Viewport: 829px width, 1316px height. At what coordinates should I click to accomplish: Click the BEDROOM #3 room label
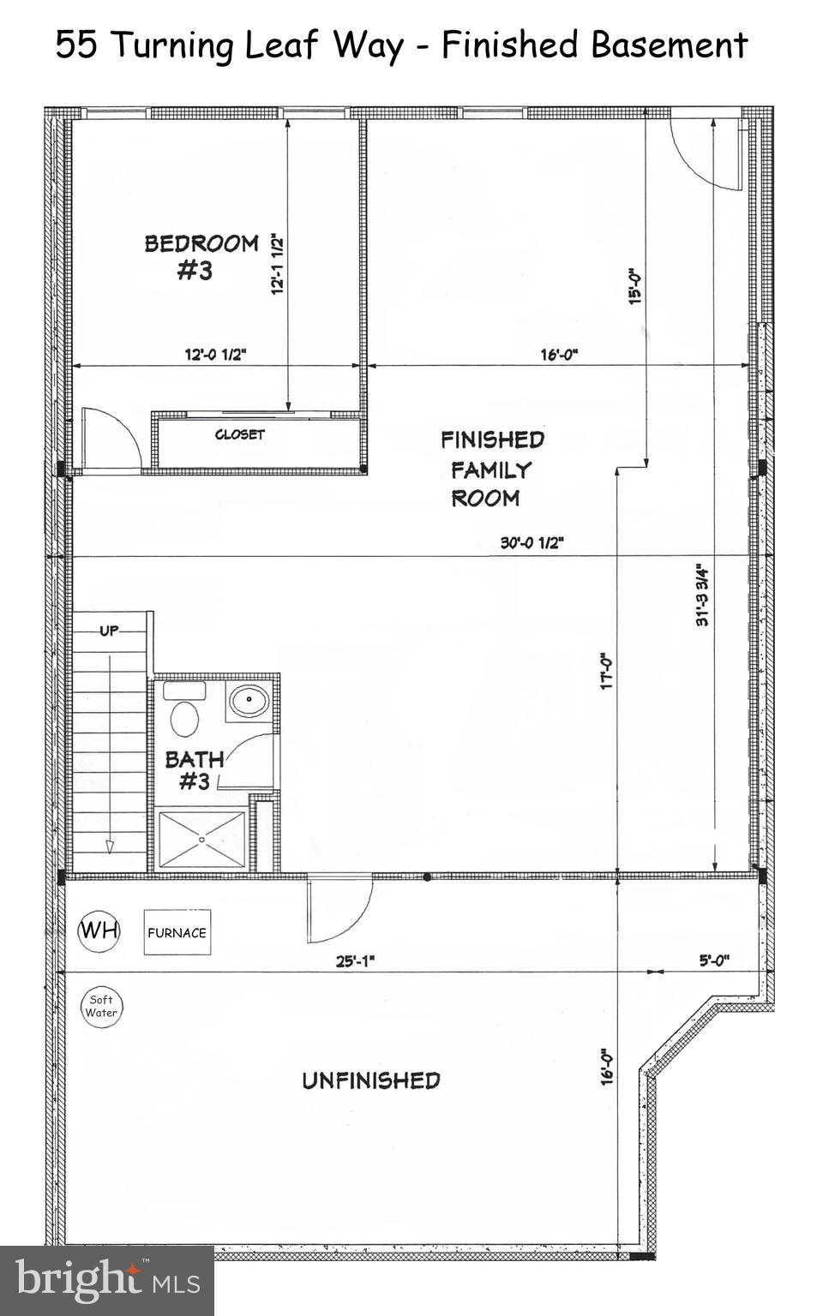pyautogui.click(x=201, y=256)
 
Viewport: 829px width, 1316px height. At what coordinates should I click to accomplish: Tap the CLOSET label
pyautogui.click(x=239, y=434)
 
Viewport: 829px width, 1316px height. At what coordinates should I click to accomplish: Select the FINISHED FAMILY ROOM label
pyautogui.click(x=491, y=469)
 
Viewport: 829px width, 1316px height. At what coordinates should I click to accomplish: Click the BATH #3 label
pyautogui.click(x=195, y=769)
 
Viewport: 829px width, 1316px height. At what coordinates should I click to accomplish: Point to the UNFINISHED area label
pyautogui.click(x=370, y=1080)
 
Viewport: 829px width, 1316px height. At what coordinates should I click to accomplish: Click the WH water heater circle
pyautogui.click(x=99, y=930)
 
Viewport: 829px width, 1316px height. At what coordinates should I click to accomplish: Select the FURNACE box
pyautogui.click(x=177, y=932)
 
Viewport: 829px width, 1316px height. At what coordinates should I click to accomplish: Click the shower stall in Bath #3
pyautogui.click(x=202, y=840)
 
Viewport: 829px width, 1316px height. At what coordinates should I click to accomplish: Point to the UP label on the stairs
pyautogui.click(x=109, y=631)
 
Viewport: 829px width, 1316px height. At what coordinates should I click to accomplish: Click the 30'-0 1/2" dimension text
pyautogui.click(x=532, y=542)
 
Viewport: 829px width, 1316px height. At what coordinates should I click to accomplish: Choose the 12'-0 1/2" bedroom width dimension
pyautogui.click(x=215, y=354)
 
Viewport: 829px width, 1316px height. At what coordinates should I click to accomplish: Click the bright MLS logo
pyautogui.click(x=106, y=1280)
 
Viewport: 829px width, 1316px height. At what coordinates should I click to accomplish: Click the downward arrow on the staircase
pyautogui.click(x=110, y=846)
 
